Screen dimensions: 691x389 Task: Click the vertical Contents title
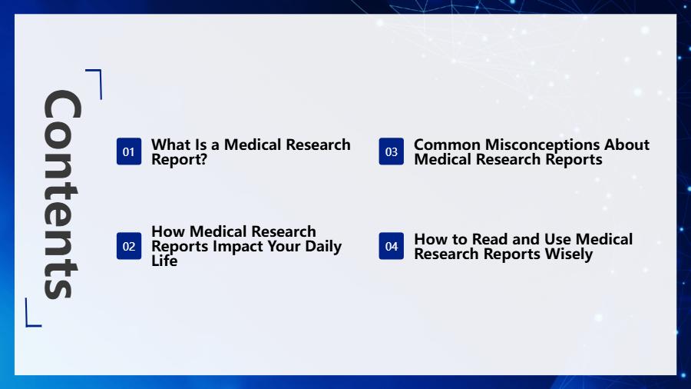coord(61,194)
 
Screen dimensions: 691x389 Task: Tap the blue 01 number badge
coord(129,151)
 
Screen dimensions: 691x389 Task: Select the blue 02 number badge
coord(129,246)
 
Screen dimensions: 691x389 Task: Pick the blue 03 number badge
coord(392,151)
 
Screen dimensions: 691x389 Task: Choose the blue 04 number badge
coord(392,246)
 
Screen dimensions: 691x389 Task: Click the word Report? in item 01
coord(179,160)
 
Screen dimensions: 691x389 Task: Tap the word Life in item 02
coord(164,261)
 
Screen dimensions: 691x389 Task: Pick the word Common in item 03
coord(447,145)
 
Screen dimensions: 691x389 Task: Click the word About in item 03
coord(627,145)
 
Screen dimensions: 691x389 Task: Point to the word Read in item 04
coord(490,239)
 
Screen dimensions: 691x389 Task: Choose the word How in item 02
coord(168,231)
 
